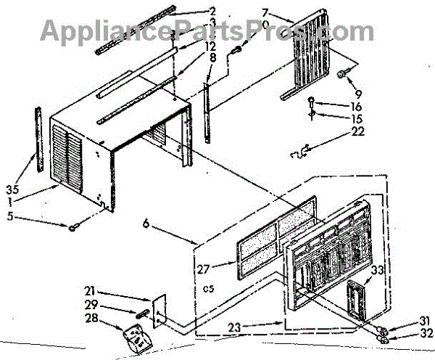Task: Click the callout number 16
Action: pyautogui.click(x=335, y=106)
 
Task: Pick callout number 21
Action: pyautogui.click(x=112, y=291)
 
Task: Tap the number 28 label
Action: pyautogui.click(x=112, y=317)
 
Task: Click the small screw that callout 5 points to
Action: pyautogui.click(x=75, y=226)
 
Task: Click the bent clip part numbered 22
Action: pyautogui.click(x=299, y=150)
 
